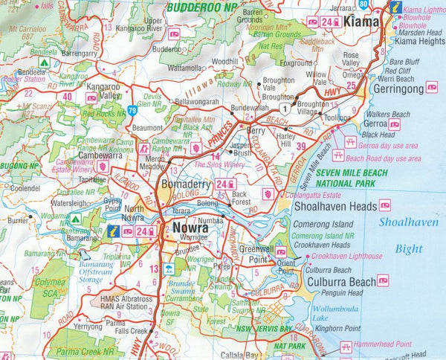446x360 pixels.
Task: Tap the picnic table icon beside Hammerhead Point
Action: point(346,347)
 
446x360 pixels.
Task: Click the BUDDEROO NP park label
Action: point(201,7)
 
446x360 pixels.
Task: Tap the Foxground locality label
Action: point(296,64)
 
